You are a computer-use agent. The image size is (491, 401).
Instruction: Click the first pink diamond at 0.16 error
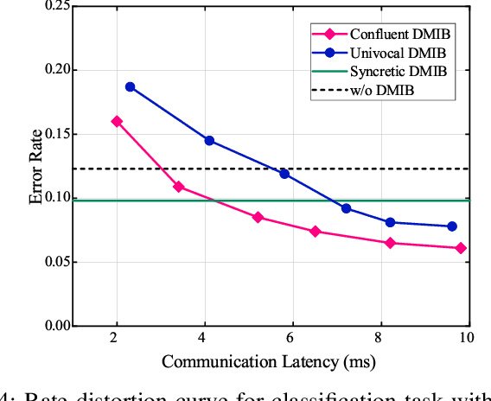click(117, 121)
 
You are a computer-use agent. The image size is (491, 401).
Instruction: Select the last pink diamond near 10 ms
click(461, 248)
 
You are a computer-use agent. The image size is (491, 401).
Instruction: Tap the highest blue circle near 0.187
click(131, 86)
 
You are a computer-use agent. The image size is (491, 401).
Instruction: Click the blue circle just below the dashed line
click(284, 174)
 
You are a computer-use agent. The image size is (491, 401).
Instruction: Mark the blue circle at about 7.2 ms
click(346, 208)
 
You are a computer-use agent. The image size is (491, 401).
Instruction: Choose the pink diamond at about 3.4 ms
click(179, 187)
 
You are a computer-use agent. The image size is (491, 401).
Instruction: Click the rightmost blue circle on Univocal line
click(452, 226)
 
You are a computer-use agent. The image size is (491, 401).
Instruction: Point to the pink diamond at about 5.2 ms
click(258, 217)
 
